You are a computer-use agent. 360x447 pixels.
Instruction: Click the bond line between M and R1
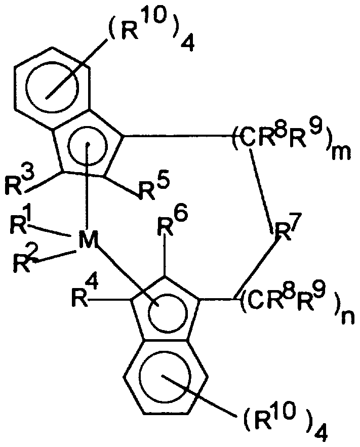(x=48, y=231)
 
